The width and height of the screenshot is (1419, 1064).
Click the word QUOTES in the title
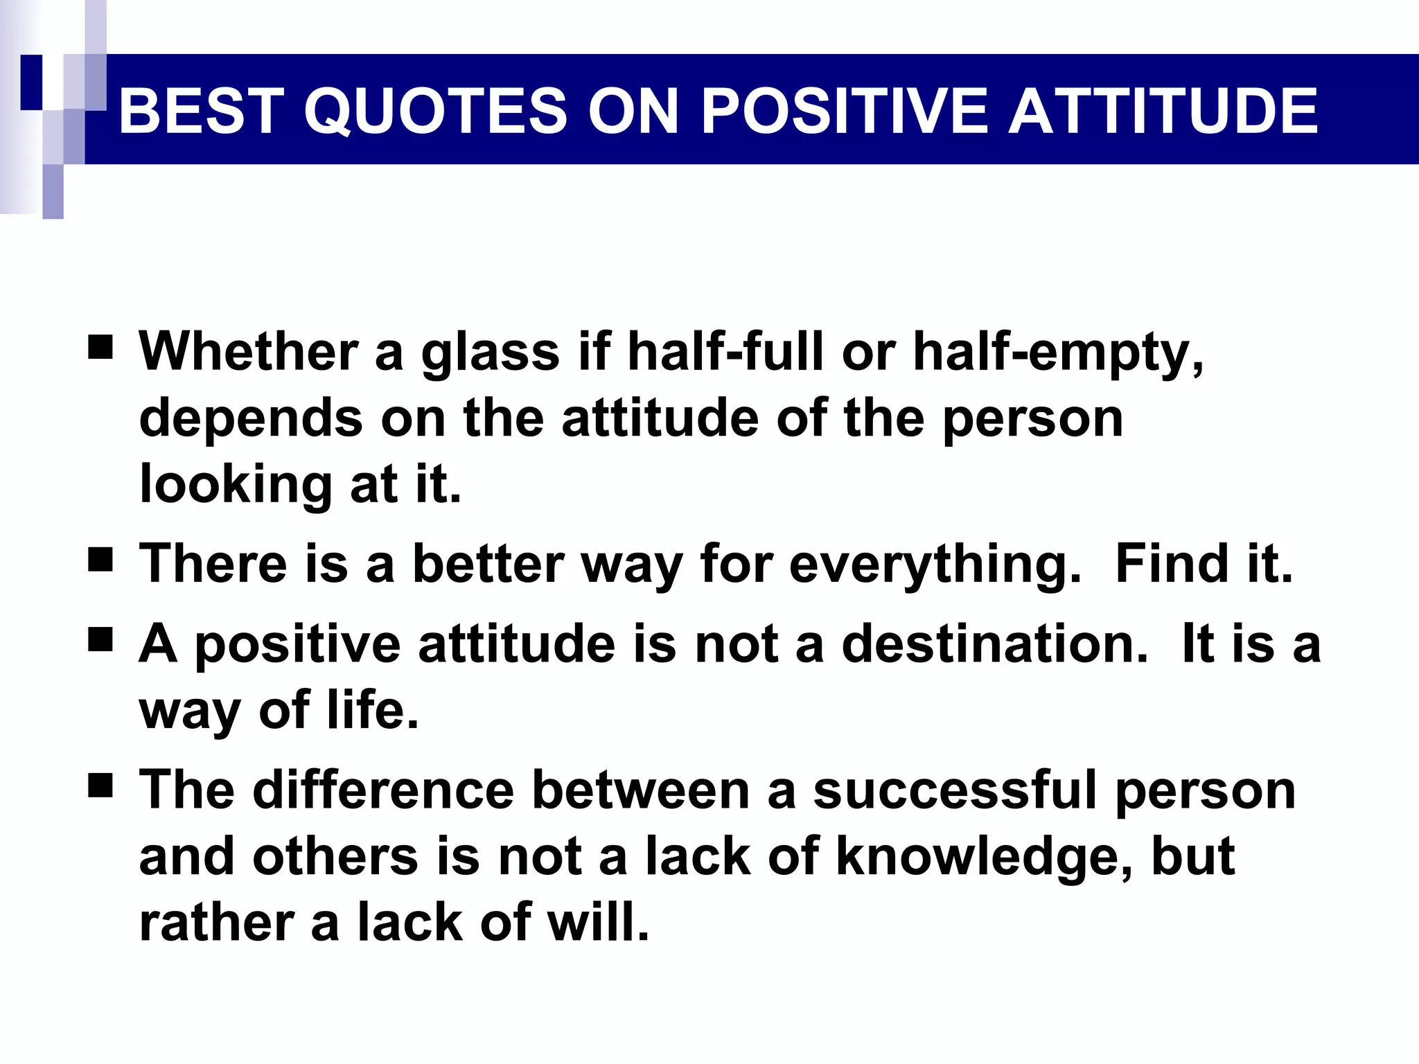[436, 111]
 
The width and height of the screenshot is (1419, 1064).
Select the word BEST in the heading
[201, 111]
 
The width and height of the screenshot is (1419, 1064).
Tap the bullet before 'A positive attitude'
[100, 640]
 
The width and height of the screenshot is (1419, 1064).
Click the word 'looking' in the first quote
[236, 485]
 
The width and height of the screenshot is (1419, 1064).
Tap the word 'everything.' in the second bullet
[935, 565]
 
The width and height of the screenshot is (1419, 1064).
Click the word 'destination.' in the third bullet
[994, 644]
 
